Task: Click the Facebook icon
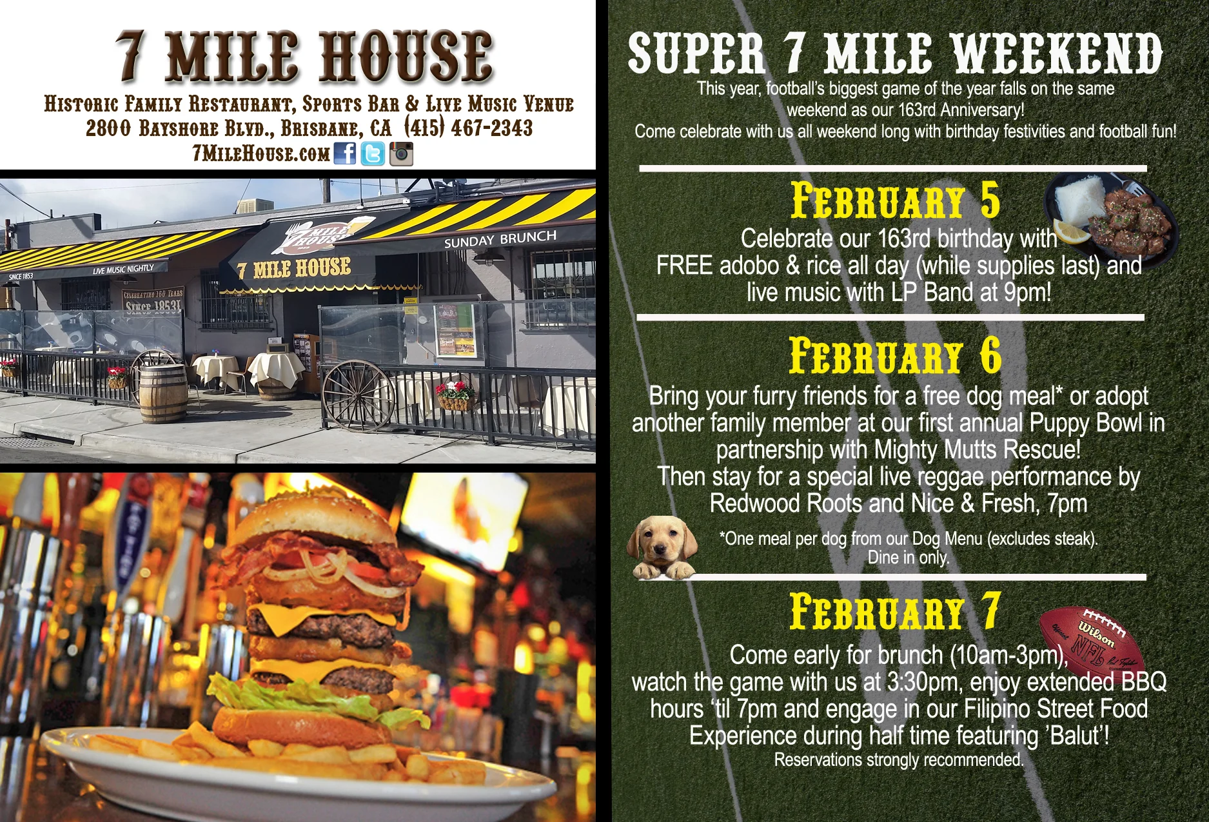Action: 345,153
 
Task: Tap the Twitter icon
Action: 373,154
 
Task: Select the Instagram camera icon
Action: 401,154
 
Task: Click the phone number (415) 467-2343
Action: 469,128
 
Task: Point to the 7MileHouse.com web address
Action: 261,153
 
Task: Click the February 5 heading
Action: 895,201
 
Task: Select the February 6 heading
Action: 895,356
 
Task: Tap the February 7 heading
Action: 895,612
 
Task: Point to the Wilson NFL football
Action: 1092,645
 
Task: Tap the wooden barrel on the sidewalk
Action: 163,393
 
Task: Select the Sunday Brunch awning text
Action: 500,239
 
